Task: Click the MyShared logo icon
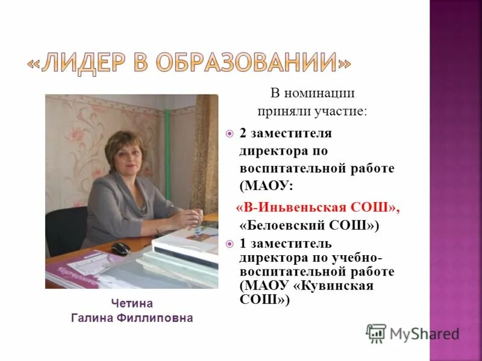click(x=376, y=333)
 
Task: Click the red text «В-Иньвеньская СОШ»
click(x=317, y=208)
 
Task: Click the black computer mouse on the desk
click(x=120, y=248)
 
